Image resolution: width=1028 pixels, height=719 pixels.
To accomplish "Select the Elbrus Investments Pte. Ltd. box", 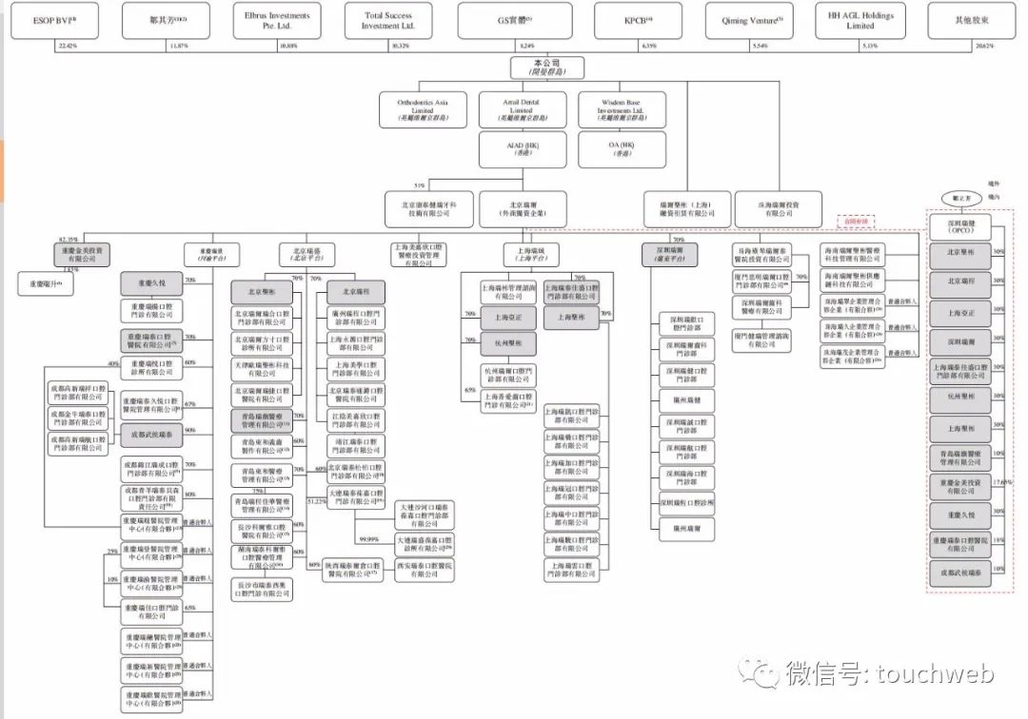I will point(276,20).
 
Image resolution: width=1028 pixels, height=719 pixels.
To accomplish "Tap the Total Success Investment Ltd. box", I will point(386,20).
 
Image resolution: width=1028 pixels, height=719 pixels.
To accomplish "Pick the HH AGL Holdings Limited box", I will point(859,20).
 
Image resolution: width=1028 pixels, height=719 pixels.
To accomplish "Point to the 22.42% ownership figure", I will point(67,46).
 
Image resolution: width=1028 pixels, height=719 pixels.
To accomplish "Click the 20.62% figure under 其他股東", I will point(972,46).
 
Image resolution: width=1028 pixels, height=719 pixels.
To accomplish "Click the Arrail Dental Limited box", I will point(521,109).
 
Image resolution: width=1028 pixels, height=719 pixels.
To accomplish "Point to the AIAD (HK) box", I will point(521,148).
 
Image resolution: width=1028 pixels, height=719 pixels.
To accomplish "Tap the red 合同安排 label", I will point(855,220).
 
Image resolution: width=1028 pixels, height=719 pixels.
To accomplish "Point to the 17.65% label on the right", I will point(1001,482).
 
